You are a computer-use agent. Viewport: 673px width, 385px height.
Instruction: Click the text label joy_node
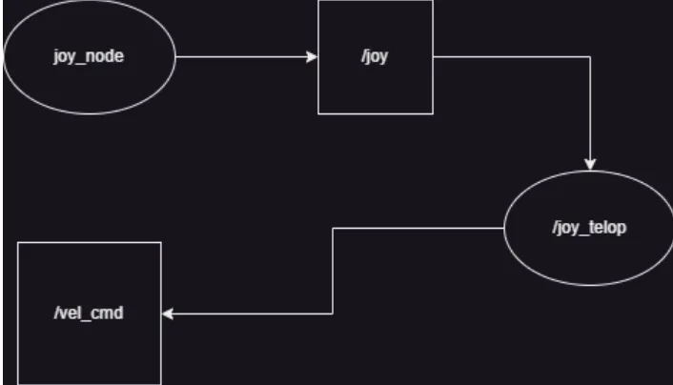[x=89, y=56]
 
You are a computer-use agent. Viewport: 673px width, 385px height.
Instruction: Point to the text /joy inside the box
[x=375, y=56]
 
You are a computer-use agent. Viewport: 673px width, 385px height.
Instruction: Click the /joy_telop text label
[x=589, y=228]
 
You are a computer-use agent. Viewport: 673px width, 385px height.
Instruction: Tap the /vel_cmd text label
[x=89, y=313]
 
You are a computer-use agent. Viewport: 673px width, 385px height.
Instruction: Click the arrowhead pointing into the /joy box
[x=312, y=56]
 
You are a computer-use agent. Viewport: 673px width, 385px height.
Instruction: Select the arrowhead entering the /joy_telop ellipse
[x=590, y=165]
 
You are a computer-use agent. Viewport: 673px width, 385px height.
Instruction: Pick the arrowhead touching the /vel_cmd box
[x=168, y=314]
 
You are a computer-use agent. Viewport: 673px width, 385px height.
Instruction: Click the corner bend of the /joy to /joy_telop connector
[x=590, y=56]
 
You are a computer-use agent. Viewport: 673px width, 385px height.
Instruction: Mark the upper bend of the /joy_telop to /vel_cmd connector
[x=333, y=229]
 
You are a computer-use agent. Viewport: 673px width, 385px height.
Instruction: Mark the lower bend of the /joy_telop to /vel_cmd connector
[x=333, y=314]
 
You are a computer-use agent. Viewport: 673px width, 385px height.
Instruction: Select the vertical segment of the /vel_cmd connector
[x=333, y=271]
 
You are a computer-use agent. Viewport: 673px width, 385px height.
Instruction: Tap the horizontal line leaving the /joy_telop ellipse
[x=418, y=229]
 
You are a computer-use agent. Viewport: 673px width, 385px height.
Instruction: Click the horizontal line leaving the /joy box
[x=512, y=56]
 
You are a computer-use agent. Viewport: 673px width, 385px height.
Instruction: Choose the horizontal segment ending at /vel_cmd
[x=247, y=314]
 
